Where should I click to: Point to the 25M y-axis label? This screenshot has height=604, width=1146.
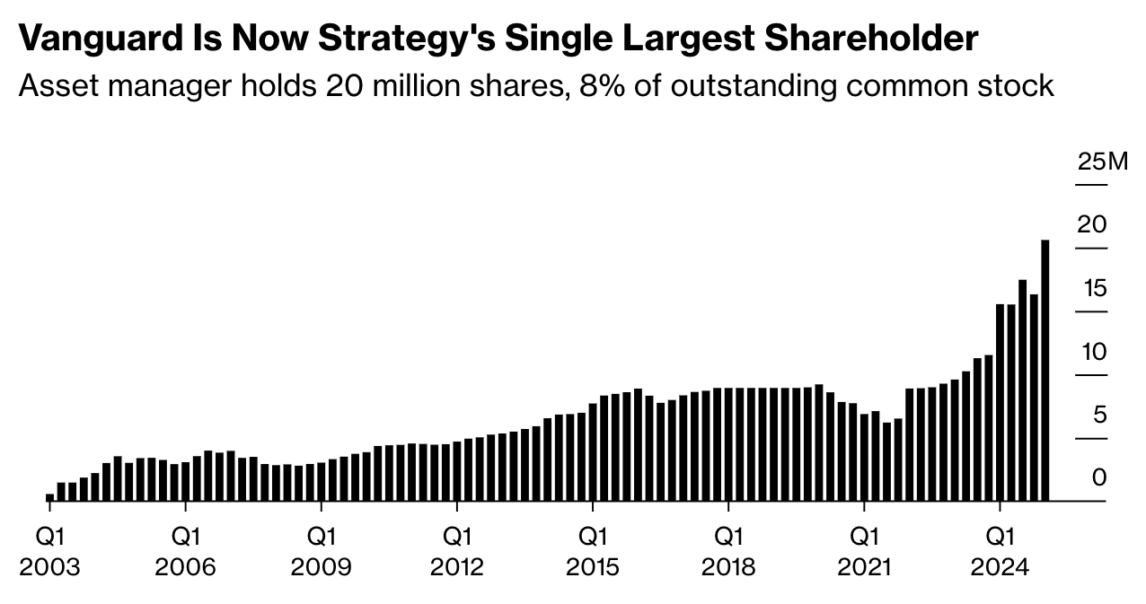point(1102,162)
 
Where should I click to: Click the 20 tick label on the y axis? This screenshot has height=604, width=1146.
point(1092,224)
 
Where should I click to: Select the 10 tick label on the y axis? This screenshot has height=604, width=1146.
point(1093,352)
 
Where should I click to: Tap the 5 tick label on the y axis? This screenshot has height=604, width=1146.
point(1099,416)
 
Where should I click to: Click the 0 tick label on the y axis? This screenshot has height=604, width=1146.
point(1099,478)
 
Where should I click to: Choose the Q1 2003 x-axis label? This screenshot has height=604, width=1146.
point(49,551)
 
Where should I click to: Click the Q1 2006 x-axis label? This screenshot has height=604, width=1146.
point(185,551)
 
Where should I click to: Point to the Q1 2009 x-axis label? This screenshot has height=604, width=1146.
point(321,551)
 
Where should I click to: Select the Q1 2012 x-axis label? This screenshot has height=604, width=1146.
point(456,551)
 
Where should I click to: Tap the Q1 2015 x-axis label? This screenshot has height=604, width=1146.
point(592,551)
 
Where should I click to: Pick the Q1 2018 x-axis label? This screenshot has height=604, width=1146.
point(727,551)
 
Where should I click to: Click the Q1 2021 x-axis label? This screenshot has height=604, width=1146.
point(863,551)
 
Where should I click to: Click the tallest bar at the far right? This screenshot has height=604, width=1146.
point(1045,370)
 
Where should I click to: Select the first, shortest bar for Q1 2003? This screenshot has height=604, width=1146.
point(50,497)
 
